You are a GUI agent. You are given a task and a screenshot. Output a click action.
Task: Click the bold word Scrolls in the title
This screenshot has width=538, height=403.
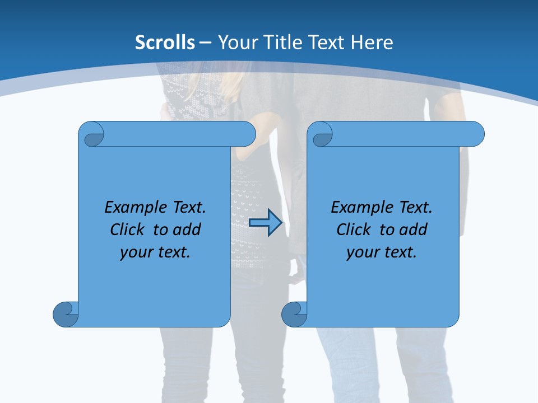(165, 43)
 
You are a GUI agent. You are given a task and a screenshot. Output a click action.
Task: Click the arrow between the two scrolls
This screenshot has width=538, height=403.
(266, 222)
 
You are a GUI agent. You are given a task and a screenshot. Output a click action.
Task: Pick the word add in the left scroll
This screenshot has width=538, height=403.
(187, 229)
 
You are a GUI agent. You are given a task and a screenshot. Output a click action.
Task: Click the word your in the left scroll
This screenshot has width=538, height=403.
(136, 252)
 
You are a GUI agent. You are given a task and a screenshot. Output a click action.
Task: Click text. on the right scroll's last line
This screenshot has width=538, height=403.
(399, 252)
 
